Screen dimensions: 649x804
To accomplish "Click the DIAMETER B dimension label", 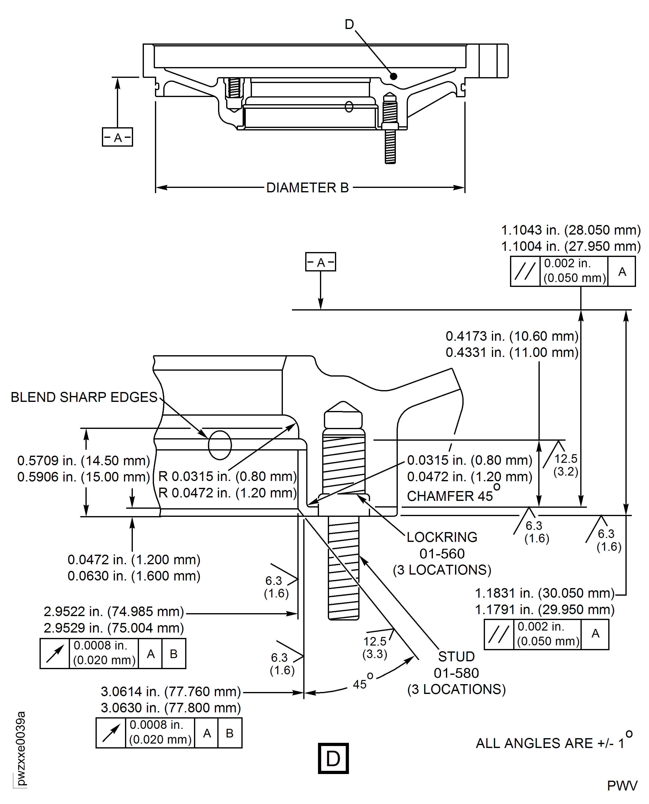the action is click(x=307, y=187).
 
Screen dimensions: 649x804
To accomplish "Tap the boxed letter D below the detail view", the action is click(x=333, y=758).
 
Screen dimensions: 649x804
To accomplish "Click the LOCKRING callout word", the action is click(x=442, y=537).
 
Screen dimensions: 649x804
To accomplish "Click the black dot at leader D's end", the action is click(x=393, y=76).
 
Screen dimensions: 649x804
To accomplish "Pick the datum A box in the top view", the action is click(x=117, y=137).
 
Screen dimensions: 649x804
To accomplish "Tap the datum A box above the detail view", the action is click(x=320, y=262).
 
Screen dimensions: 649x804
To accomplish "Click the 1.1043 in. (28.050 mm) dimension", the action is click(x=571, y=230).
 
